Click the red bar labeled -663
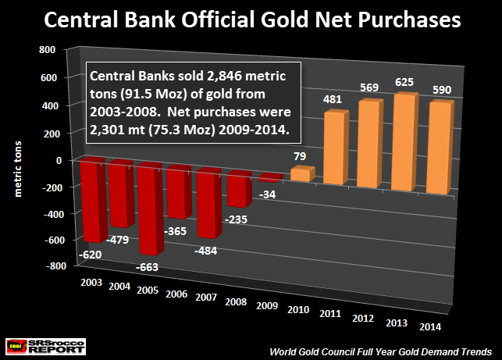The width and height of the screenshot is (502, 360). click(155, 207)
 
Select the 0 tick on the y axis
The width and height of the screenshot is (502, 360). click(59, 159)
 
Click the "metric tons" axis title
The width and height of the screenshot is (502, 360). click(18, 159)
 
